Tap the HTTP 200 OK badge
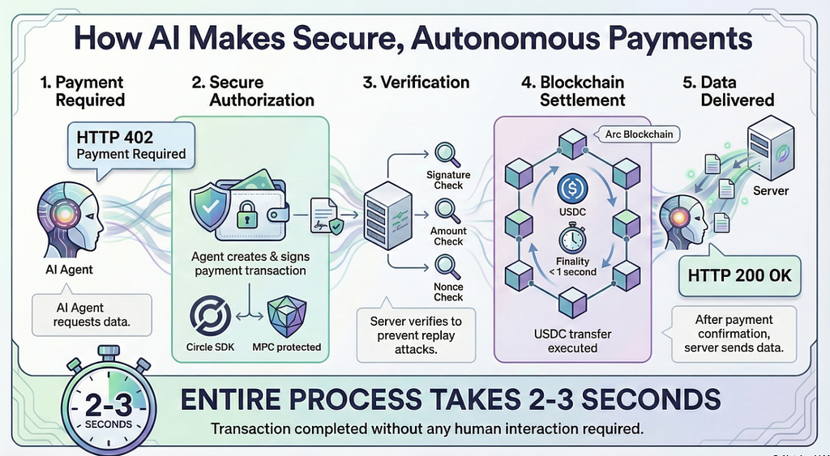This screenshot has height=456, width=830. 739,275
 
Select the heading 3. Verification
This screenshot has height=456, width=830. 415,82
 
